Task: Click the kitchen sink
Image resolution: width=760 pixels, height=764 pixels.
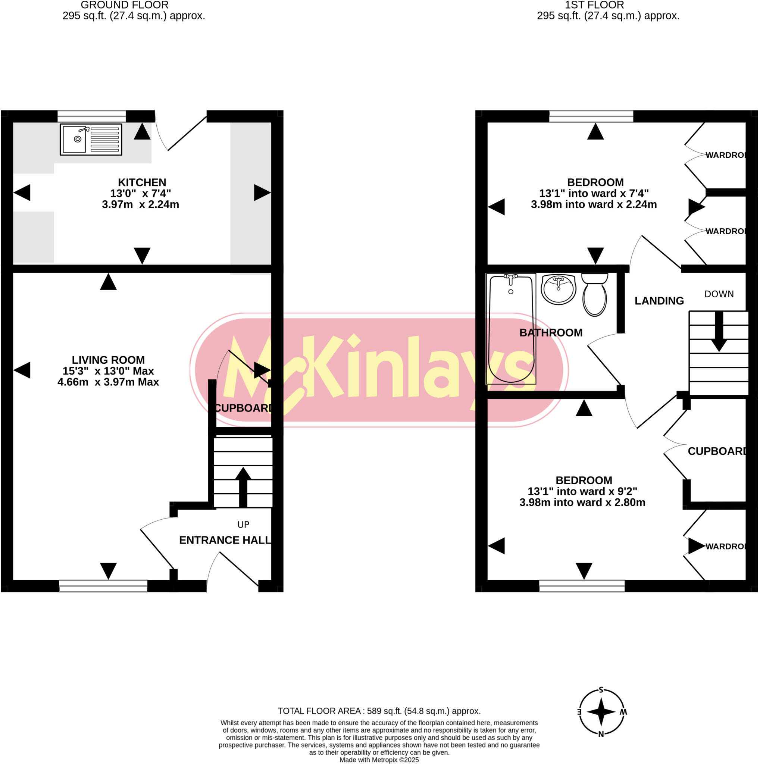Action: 91,139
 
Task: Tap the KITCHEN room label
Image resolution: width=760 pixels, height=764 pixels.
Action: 142,182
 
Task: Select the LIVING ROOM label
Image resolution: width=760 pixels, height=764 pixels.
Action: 108,360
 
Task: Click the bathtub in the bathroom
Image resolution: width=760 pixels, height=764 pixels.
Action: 511,329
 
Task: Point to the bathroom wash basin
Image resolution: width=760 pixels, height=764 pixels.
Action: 558,289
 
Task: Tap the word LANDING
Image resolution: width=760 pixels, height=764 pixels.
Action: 659,301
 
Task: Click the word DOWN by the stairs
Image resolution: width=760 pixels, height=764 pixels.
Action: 719,294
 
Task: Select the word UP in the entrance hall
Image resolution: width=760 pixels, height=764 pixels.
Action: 243,525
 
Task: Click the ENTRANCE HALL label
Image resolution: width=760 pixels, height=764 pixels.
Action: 225,540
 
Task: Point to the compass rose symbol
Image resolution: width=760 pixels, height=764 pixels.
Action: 601,712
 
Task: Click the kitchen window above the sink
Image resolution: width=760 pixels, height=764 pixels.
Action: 91,116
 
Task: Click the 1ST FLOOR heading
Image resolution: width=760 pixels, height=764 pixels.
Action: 594,5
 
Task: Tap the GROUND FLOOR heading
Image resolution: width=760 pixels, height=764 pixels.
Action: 125,5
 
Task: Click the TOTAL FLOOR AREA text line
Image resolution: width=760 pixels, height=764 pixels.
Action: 379,711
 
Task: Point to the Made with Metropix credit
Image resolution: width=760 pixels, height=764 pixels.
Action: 379,760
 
